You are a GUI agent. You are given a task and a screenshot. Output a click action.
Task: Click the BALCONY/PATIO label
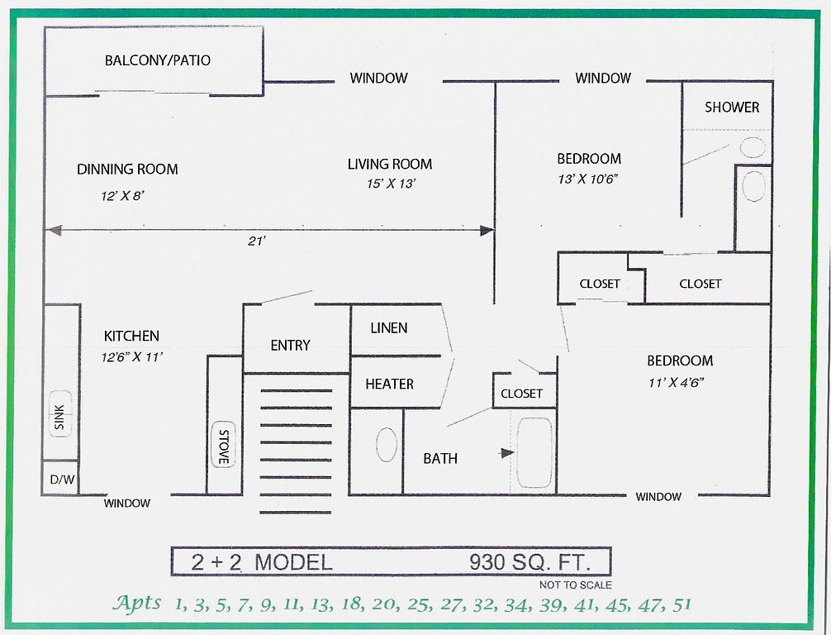pyautogui.click(x=158, y=60)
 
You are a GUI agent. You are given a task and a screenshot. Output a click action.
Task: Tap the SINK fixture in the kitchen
pyautogui.click(x=60, y=413)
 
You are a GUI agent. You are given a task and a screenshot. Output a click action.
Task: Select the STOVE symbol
pyautogui.click(x=224, y=445)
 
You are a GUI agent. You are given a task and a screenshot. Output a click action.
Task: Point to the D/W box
pyautogui.click(x=61, y=480)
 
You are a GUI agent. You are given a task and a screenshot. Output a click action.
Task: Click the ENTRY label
pyautogui.click(x=290, y=346)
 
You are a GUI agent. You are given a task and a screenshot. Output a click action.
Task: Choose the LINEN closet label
pyautogui.click(x=389, y=328)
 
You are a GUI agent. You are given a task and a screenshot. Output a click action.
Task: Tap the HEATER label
pyautogui.click(x=390, y=384)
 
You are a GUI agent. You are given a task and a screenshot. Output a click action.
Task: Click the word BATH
pyautogui.click(x=440, y=458)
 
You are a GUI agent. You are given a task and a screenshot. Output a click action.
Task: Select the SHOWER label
pyautogui.click(x=732, y=107)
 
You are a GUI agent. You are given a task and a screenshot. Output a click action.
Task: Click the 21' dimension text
pyautogui.click(x=256, y=241)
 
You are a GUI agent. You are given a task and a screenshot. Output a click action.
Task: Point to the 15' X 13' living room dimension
pyautogui.click(x=391, y=184)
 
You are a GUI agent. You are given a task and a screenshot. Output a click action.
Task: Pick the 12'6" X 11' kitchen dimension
pyautogui.click(x=131, y=357)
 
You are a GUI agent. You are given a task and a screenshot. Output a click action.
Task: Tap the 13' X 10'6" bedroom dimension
pyautogui.click(x=588, y=179)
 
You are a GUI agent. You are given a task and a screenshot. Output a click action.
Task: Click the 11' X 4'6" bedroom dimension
pyautogui.click(x=676, y=382)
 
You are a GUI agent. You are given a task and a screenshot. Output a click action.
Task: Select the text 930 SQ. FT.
pyautogui.click(x=529, y=561)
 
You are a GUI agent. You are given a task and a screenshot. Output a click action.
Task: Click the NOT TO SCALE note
pyautogui.click(x=576, y=585)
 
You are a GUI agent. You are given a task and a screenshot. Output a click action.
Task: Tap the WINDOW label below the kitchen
pyautogui.click(x=126, y=503)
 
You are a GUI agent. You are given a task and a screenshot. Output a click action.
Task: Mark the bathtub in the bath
pyautogui.click(x=534, y=453)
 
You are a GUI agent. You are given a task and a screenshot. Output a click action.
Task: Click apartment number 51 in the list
pyautogui.click(x=681, y=604)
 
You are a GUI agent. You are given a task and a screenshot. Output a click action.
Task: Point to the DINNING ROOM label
pyautogui.click(x=127, y=169)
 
